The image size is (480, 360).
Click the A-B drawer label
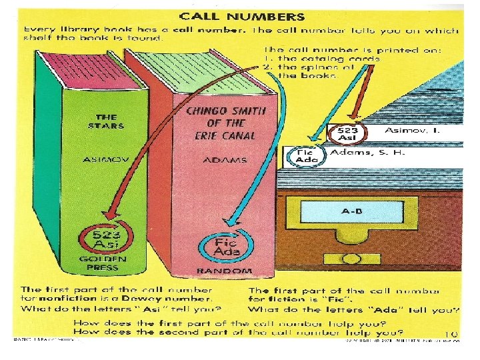351,211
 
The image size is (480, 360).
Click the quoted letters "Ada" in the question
401,309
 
